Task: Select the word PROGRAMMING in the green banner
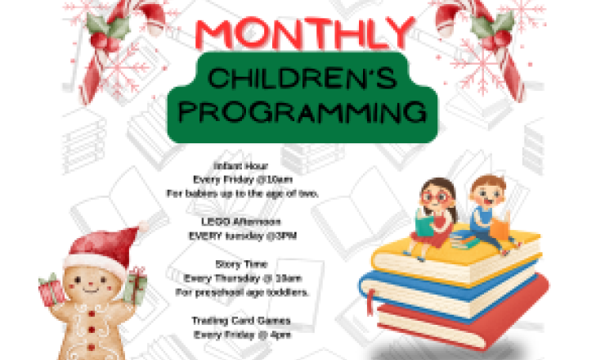pyautogui.click(x=303, y=112)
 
